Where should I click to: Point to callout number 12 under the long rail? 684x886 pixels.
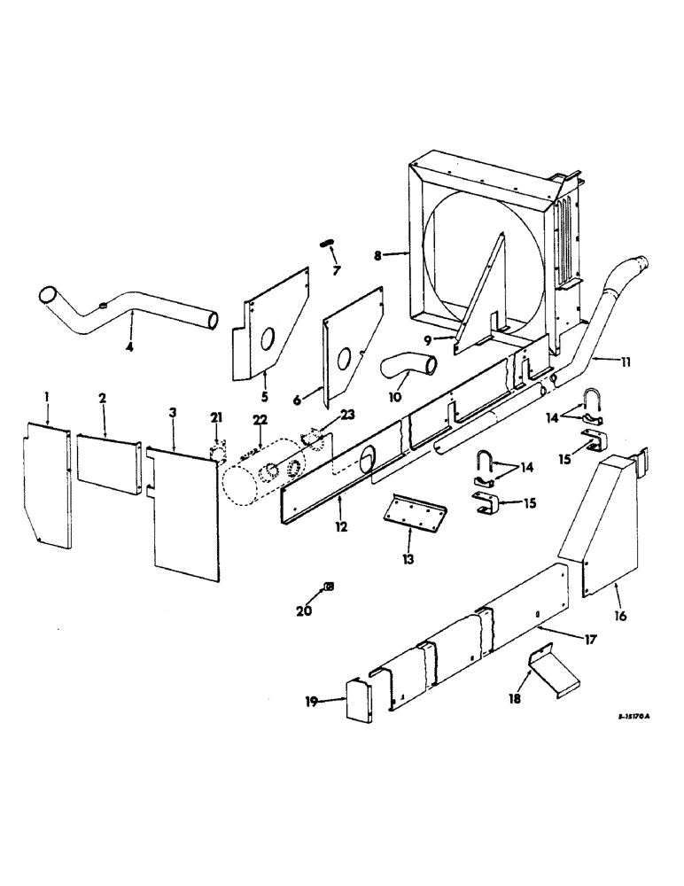coord(341,526)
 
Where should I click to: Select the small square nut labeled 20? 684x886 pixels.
coord(329,587)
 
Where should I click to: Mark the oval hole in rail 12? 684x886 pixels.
coord(366,458)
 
